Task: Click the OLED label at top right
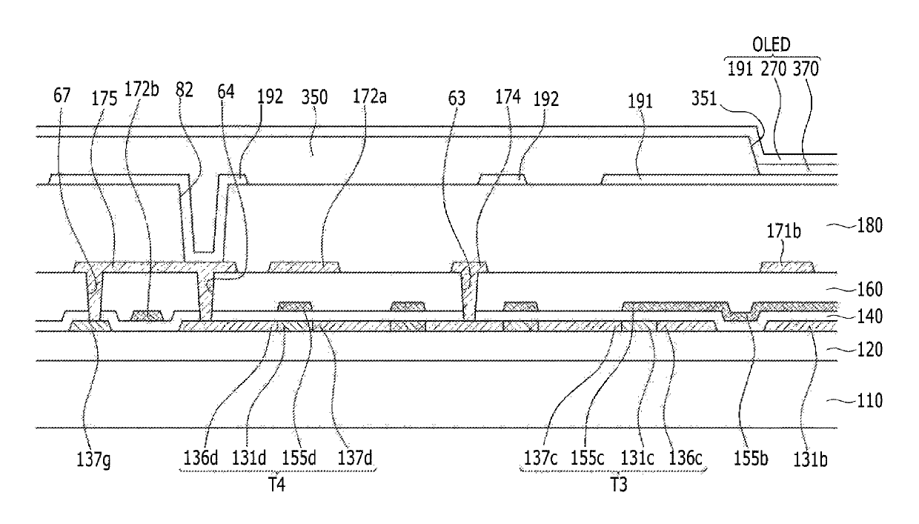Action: (x=771, y=44)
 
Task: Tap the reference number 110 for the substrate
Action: (x=870, y=400)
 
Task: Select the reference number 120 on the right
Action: (x=870, y=350)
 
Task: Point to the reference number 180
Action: (x=870, y=225)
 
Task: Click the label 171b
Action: (x=783, y=232)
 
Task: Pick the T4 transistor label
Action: (x=277, y=485)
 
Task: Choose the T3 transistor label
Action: (x=619, y=485)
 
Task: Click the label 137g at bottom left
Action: (x=93, y=460)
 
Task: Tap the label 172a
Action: (x=370, y=97)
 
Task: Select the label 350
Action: (x=314, y=98)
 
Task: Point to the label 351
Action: (x=704, y=99)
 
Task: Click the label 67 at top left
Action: (x=62, y=96)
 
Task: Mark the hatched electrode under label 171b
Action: (x=787, y=267)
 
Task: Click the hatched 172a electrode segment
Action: (x=304, y=267)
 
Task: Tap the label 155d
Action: (x=299, y=457)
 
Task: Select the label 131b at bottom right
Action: (x=810, y=460)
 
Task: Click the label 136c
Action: (x=686, y=457)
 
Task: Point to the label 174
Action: (x=508, y=97)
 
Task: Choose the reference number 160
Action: (x=870, y=290)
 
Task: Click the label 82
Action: (x=184, y=90)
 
